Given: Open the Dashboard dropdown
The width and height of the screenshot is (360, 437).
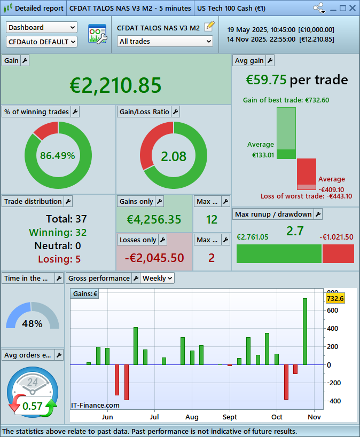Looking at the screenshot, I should [x=42, y=27].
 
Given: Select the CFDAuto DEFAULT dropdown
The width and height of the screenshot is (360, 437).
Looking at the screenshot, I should [x=42, y=42].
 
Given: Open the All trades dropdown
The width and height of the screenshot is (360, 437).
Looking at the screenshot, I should [x=165, y=41].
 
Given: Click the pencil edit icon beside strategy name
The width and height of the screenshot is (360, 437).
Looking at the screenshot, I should [x=209, y=26].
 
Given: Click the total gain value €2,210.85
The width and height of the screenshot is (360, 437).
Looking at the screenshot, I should [x=115, y=85].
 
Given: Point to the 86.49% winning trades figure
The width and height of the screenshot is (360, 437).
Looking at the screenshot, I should [x=57, y=156].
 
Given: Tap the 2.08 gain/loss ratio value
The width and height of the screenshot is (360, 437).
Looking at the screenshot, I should [x=174, y=156].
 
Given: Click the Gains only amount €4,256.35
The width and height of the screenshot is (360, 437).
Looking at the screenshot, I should [x=154, y=219].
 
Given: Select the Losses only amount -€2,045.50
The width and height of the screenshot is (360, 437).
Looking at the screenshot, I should [x=154, y=258].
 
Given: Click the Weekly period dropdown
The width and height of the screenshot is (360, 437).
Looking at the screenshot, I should [x=158, y=278].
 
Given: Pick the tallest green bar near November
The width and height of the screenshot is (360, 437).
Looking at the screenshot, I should [x=305, y=331].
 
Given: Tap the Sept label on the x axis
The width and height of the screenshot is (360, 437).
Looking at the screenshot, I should [x=230, y=417].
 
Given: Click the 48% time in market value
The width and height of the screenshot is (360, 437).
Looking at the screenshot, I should [x=32, y=323].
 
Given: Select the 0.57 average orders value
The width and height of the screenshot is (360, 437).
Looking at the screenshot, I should [x=32, y=406].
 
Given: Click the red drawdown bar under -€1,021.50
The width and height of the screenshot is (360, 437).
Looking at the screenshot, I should [x=338, y=253].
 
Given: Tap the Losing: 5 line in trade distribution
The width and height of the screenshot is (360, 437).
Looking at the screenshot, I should [x=59, y=259].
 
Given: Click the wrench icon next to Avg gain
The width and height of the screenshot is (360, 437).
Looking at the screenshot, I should [x=270, y=61].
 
